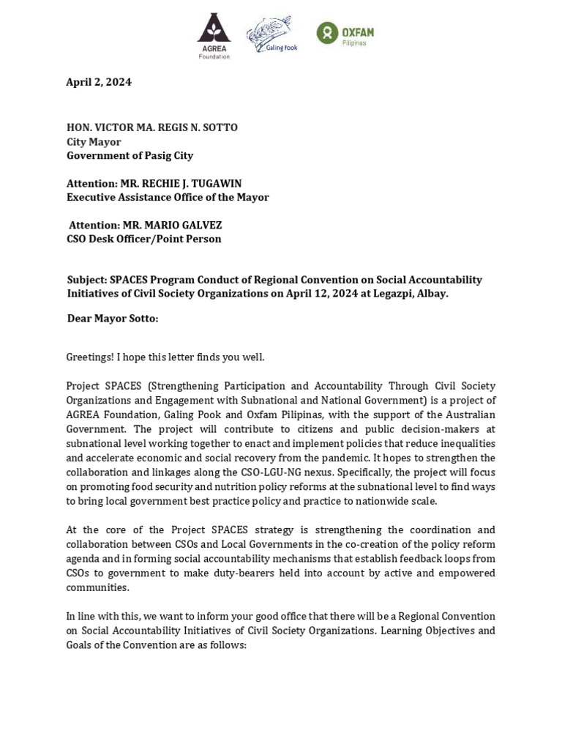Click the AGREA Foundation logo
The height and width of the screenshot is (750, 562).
click(214, 36)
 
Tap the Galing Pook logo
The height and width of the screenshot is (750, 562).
click(271, 34)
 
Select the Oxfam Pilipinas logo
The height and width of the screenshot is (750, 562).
click(345, 34)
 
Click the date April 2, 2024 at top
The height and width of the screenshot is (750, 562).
click(99, 82)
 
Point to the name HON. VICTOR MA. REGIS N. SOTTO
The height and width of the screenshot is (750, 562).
click(152, 127)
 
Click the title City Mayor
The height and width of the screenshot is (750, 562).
click(94, 141)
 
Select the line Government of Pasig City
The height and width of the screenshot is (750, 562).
click(130, 155)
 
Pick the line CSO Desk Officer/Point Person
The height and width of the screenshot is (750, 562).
click(143, 239)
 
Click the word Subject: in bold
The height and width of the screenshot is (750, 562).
click(86, 280)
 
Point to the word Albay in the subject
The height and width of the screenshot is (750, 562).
click(430, 294)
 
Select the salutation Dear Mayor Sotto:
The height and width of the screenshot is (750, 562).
click(112, 319)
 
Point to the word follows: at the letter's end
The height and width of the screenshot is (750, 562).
click(227, 645)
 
